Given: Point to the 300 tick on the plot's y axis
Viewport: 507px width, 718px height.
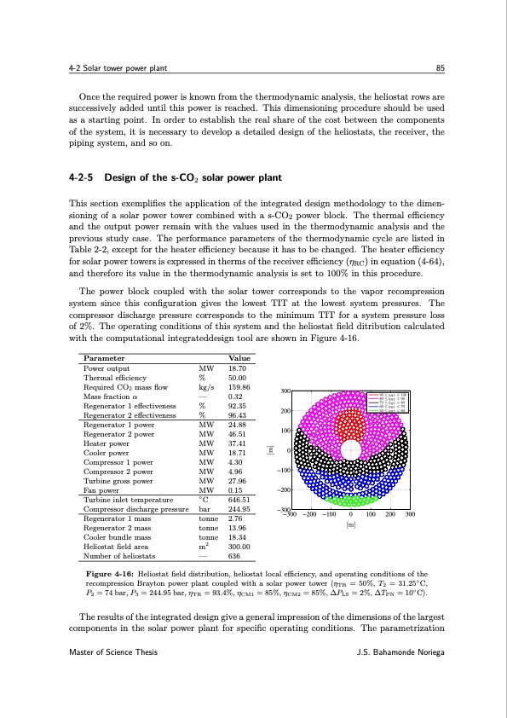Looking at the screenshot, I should [287, 391].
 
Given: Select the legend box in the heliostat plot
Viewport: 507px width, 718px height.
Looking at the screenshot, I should [388, 401].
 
